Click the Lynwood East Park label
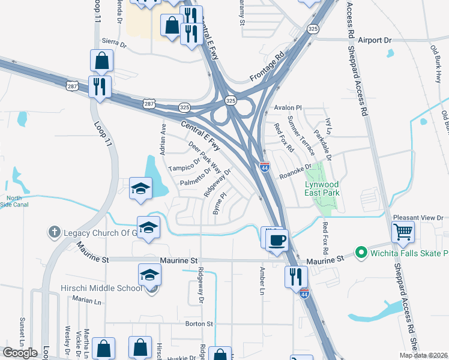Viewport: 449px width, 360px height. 322,188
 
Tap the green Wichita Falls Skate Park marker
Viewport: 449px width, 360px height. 361,253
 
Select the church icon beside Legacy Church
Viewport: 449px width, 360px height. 54,232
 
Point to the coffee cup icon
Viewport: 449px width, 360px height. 276,240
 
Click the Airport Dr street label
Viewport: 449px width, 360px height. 374,40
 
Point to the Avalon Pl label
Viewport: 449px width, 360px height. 288,108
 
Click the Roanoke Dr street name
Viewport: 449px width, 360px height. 297,172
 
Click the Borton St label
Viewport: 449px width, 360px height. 200,324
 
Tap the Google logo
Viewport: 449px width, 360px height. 20,352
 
